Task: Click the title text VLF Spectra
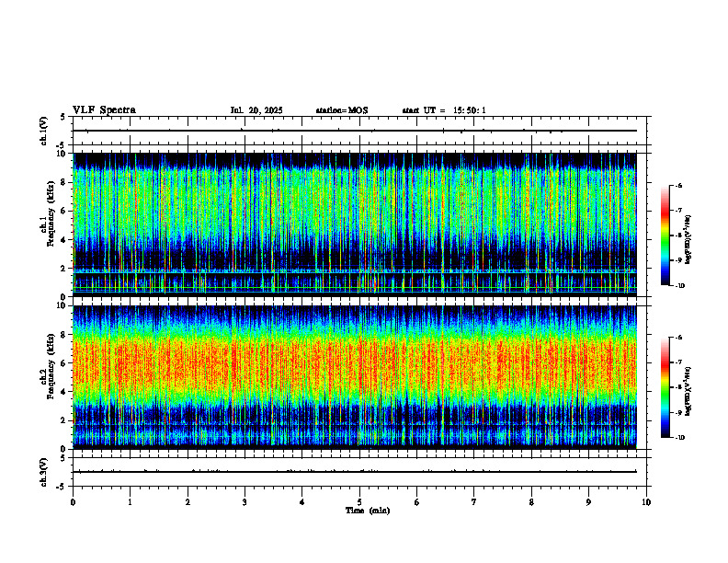[104, 110]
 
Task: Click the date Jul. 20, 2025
[256, 110]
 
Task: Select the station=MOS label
[341, 110]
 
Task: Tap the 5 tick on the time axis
[359, 501]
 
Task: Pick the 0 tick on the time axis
[73, 501]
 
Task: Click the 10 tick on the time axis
[646, 501]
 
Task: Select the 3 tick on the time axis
[245, 501]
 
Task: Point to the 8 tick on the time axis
[531, 501]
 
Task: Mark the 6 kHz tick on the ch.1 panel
[64, 211]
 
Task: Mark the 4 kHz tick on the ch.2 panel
[64, 392]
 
